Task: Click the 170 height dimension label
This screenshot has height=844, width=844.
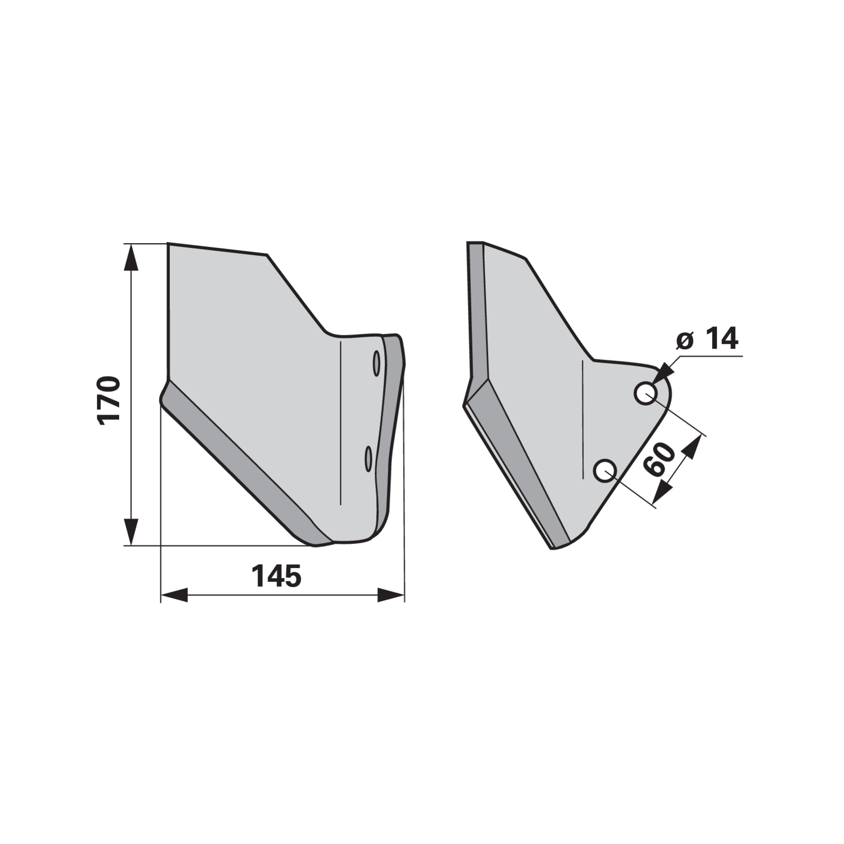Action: (x=109, y=399)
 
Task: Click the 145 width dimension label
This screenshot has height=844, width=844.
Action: (x=276, y=576)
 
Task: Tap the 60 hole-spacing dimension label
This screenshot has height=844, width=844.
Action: (x=660, y=459)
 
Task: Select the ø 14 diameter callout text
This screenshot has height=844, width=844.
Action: (x=707, y=339)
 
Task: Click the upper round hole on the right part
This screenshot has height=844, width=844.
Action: (x=645, y=393)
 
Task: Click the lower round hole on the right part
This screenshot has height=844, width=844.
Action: (x=605, y=470)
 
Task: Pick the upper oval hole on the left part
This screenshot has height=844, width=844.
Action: (x=377, y=363)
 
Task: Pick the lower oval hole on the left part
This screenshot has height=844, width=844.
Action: (x=369, y=458)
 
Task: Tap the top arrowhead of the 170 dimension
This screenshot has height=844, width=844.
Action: (x=131, y=257)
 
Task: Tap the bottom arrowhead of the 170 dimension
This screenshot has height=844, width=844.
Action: (x=131, y=532)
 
